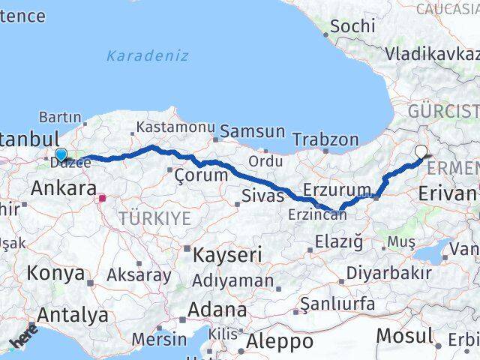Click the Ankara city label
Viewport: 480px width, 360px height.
63,188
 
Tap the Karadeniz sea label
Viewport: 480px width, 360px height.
147,55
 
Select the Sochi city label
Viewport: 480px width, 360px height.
352,25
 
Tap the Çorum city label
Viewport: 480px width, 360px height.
200,175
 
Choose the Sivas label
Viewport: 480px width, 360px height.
262,196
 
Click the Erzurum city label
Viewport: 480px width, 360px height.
337,189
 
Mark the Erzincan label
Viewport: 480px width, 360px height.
317,214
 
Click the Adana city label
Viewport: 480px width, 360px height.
217,309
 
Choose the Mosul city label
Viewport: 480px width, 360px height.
404,335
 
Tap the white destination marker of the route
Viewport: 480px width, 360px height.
421,152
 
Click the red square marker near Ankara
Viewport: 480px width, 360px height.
103,199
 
